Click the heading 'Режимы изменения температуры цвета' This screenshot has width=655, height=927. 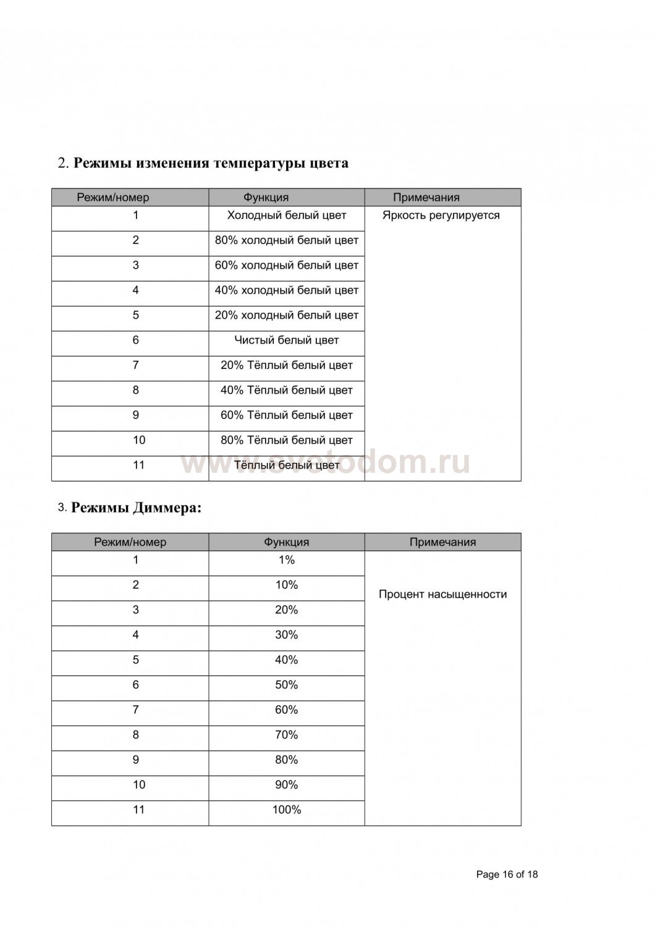211,163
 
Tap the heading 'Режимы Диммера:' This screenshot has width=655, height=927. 137,508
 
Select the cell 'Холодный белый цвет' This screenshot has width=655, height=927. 286,216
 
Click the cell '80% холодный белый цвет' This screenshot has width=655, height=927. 286,240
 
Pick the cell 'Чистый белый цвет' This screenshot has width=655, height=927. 286,341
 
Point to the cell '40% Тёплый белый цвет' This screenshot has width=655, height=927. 286,391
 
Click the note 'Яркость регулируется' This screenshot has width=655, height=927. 441,216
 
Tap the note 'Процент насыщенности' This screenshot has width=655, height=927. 442,595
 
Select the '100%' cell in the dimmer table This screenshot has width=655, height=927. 286,810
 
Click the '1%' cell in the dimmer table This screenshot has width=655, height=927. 286,560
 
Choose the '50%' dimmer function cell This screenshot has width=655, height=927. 286,685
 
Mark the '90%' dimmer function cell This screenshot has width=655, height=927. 286,785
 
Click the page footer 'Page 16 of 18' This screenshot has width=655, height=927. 507,874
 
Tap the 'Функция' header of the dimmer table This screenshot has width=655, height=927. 286,542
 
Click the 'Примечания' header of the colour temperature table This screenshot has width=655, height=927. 426,198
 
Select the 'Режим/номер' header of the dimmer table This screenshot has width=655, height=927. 130,542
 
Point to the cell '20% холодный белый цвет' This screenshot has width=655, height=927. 286,315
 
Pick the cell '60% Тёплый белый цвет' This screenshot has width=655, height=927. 286,415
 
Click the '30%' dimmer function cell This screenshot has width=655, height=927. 286,635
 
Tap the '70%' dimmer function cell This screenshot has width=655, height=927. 286,735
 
